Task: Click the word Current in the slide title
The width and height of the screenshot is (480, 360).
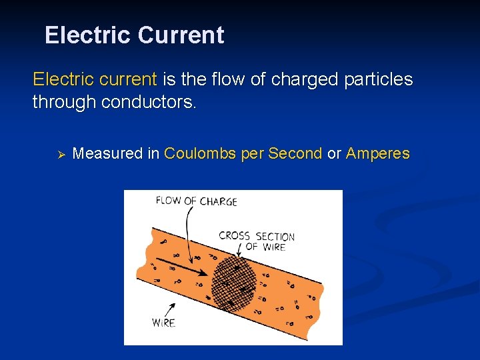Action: pos(181,35)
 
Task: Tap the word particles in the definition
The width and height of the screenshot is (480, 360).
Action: pos(378,80)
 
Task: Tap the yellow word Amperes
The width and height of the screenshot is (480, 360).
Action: pos(377,153)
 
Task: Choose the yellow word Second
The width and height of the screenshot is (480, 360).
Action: pos(295,153)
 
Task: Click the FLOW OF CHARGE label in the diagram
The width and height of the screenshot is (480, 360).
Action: pos(196,201)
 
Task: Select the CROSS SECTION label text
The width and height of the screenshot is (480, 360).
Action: pos(257,236)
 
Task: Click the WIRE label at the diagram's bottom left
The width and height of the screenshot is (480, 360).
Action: pos(163,323)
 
